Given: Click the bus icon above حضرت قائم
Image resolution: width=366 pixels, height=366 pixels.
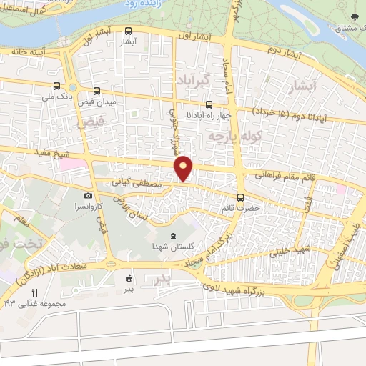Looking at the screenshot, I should [x=239, y=198].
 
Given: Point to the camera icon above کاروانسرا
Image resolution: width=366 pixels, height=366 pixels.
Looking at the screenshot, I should [x=88, y=194].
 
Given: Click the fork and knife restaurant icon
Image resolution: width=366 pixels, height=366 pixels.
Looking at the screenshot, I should [x=34, y=292].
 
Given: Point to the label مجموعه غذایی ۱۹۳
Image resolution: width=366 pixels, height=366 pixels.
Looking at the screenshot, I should [x=29, y=303].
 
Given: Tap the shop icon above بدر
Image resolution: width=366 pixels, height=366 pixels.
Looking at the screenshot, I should [x=129, y=278].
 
